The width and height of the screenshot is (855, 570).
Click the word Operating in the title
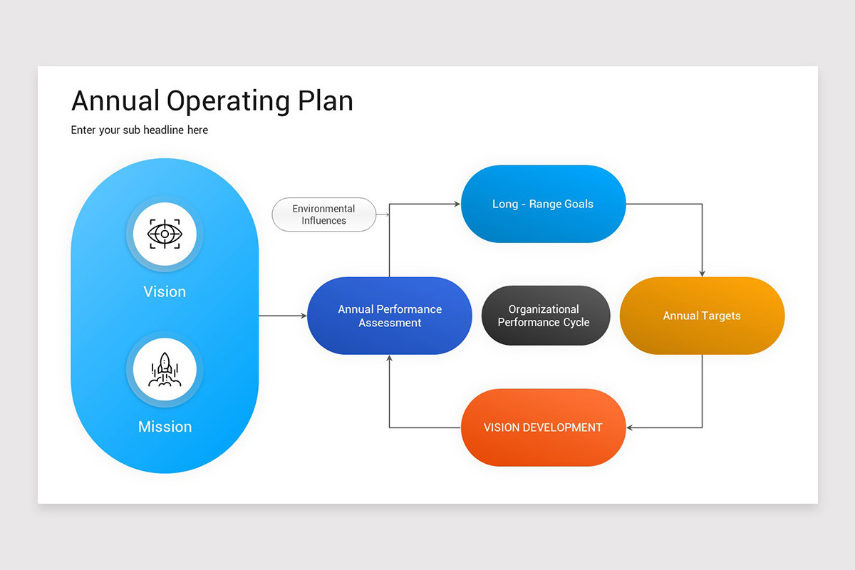coord(228,101)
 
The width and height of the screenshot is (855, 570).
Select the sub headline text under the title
coord(140,130)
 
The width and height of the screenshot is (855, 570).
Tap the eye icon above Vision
coord(165,234)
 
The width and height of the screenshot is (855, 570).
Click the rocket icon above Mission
coord(165,370)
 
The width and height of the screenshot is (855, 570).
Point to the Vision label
coord(165,291)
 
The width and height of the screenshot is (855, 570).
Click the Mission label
coord(165,427)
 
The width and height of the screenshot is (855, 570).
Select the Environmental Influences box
coord(324,214)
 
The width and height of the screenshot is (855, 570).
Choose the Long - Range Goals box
coord(543,204)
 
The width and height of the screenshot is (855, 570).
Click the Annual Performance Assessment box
coord(390,316)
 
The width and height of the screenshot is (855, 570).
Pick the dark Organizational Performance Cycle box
coord(544,316)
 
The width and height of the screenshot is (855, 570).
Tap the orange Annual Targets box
coord(702,316)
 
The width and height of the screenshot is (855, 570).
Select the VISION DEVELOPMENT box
coord(543,427)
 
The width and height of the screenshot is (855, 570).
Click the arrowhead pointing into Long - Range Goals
coord(457,204)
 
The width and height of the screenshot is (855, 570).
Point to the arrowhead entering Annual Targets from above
coord(702,273)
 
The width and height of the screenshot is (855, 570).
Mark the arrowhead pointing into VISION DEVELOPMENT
coord(631,427)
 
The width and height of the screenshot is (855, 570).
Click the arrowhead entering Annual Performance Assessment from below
coord(389,358)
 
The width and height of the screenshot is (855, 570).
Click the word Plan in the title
coord(326,101)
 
